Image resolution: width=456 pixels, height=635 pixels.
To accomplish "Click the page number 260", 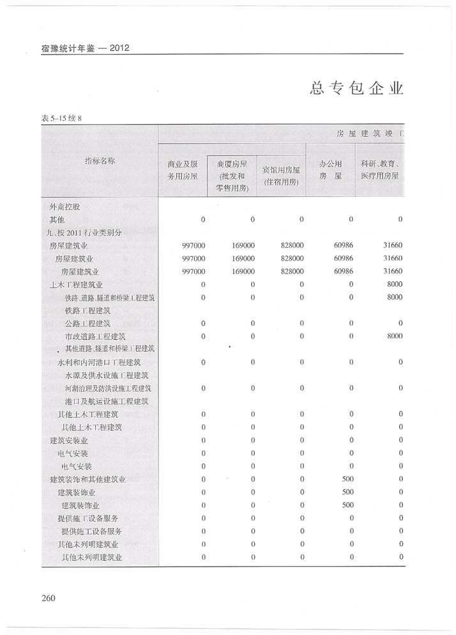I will [x=49, y=598].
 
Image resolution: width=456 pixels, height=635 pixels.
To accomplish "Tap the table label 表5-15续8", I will [x=62, y=118].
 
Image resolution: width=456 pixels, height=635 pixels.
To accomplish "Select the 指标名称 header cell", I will [x=100, y=161].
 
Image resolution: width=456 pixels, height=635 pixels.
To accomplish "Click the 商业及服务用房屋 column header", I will [x=182, y=169].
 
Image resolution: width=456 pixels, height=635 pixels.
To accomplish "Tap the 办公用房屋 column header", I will [x=330, y=169].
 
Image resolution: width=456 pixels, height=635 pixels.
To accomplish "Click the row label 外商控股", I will [x=65, y=206].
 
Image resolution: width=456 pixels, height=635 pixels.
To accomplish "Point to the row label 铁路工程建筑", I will [x=87, y=310].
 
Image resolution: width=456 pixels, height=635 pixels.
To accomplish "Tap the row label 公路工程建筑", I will [x=87, y=323].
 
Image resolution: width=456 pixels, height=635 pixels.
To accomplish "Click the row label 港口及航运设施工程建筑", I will [x=107, y=401].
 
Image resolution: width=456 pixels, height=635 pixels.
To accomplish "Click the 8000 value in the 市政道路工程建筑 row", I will [x=394, y=336].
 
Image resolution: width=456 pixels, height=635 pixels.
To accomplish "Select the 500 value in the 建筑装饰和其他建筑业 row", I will [x=347, y=479].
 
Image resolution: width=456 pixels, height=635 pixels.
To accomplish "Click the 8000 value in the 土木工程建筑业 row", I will [x=394, y=284].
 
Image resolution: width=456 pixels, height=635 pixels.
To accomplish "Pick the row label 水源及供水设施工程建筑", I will [x=106, y=375].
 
